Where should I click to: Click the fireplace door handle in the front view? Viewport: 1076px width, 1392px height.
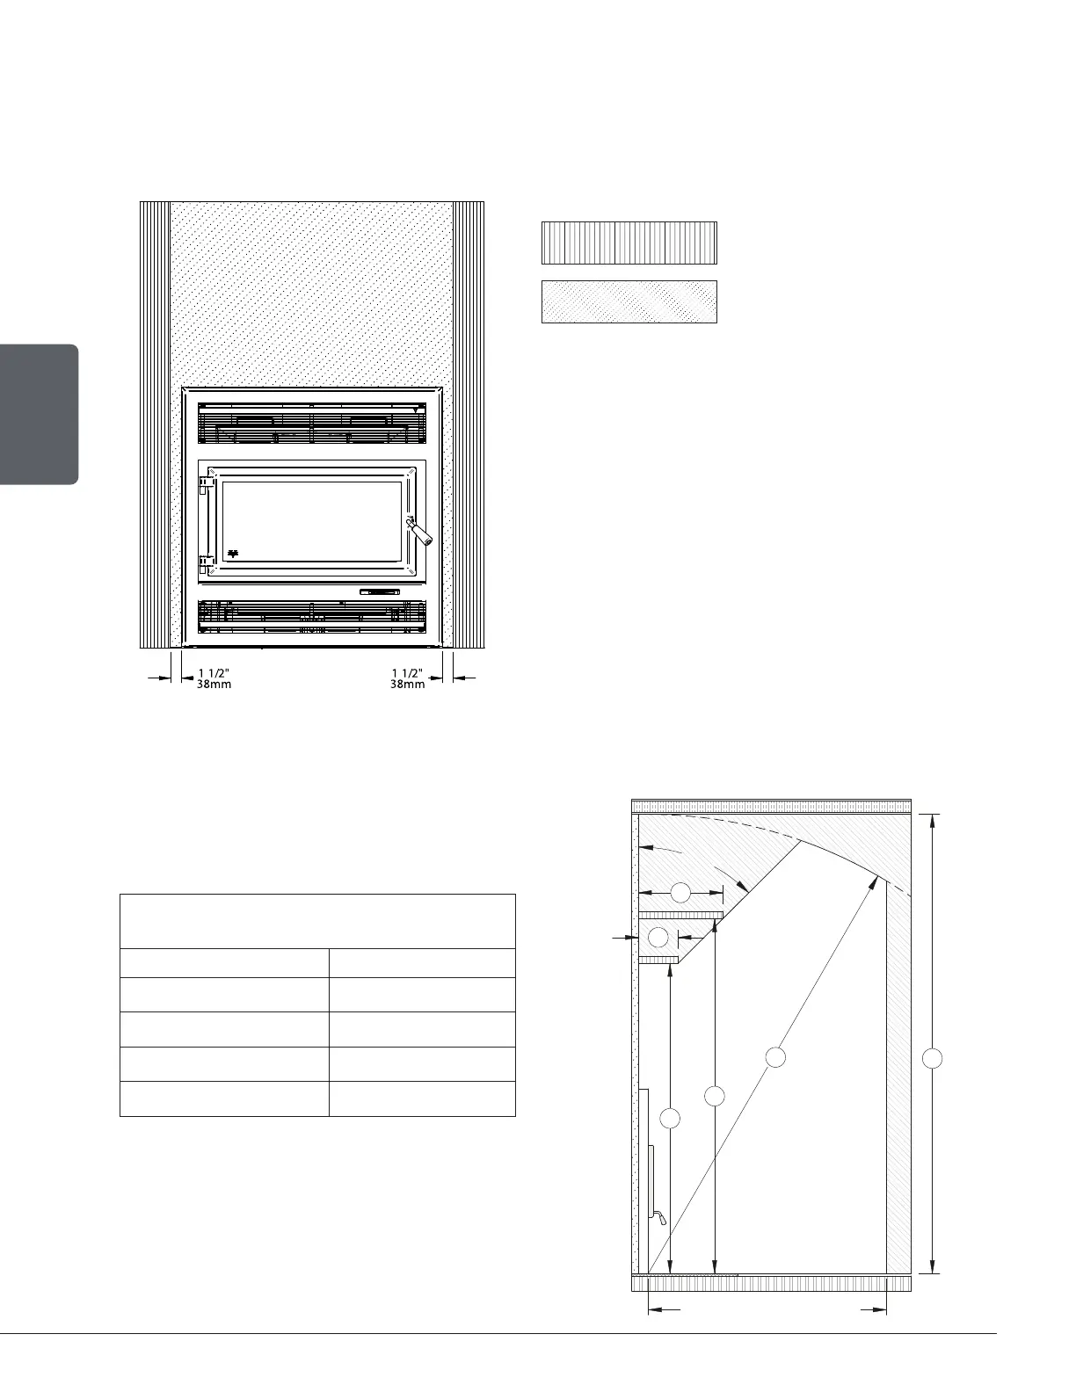tap(418, 532)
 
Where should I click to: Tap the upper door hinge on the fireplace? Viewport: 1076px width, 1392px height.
tap(205, 483)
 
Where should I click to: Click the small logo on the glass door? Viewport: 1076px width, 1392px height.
tap(234, 554)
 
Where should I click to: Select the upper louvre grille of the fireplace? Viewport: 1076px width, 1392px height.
tap(312, 424)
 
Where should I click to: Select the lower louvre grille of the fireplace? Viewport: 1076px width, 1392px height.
tap(312, 617)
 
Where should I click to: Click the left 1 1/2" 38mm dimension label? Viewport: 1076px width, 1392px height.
tap(214, 678)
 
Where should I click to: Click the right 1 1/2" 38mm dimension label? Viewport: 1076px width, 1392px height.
tap(408, 678)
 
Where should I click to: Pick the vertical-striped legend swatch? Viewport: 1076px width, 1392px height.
tap(629, 243)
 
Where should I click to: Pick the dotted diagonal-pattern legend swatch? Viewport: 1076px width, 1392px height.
tap(629, 301)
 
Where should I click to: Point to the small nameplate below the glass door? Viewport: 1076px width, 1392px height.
tap(380, 591)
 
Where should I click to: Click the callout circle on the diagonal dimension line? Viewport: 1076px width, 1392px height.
tap(774, 1056)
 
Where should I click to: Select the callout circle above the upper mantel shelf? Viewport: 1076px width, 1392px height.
tap(680, 893)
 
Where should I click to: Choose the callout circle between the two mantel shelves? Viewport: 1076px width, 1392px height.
tap(658, 937)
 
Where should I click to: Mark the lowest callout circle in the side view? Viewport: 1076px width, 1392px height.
tap(670, 1118)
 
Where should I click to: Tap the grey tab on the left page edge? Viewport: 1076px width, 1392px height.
tap(39, 414)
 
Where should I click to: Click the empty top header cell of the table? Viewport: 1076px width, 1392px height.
tap(317, 921)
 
